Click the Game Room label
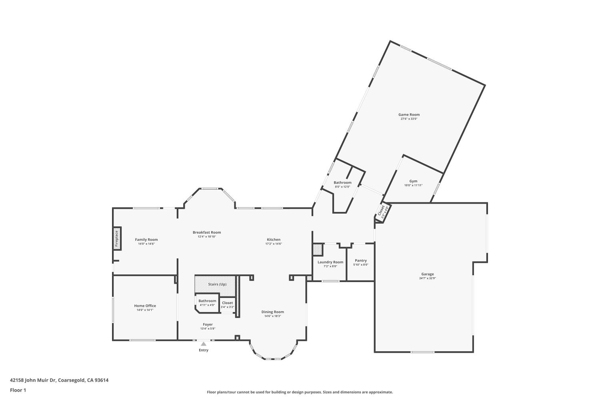[409, 115]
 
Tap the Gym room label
[413, 181]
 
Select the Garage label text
[427, 274]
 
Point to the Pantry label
[360, 261]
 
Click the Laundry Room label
[330, 262]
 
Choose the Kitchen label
[274, 240]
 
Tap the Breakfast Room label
[207, 232]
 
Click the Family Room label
[146, 240]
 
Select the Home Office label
[145, 306]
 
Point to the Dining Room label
[272, 312]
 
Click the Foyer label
[208, 324]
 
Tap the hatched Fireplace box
[117, 238]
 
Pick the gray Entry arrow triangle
[204, 344]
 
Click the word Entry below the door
[204, 350]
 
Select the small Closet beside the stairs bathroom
[227, 304]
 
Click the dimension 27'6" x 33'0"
[409, 119]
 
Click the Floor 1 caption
[18, 390]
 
